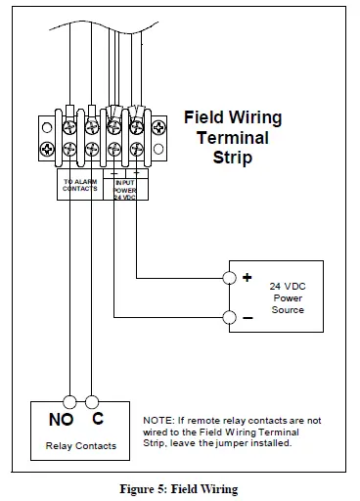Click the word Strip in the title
(233, 156)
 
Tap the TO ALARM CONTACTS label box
(80, 185)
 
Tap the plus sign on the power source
(247, 278)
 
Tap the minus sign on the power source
(247, 317)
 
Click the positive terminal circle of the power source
(228, 278)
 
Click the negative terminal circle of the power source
(228, 316)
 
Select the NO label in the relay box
(61, 421)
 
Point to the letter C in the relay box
(98, 421)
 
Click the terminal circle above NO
(69, 400)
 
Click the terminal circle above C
(92, 400)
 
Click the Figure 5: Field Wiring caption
(180, 488)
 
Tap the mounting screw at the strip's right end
(160, 126)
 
